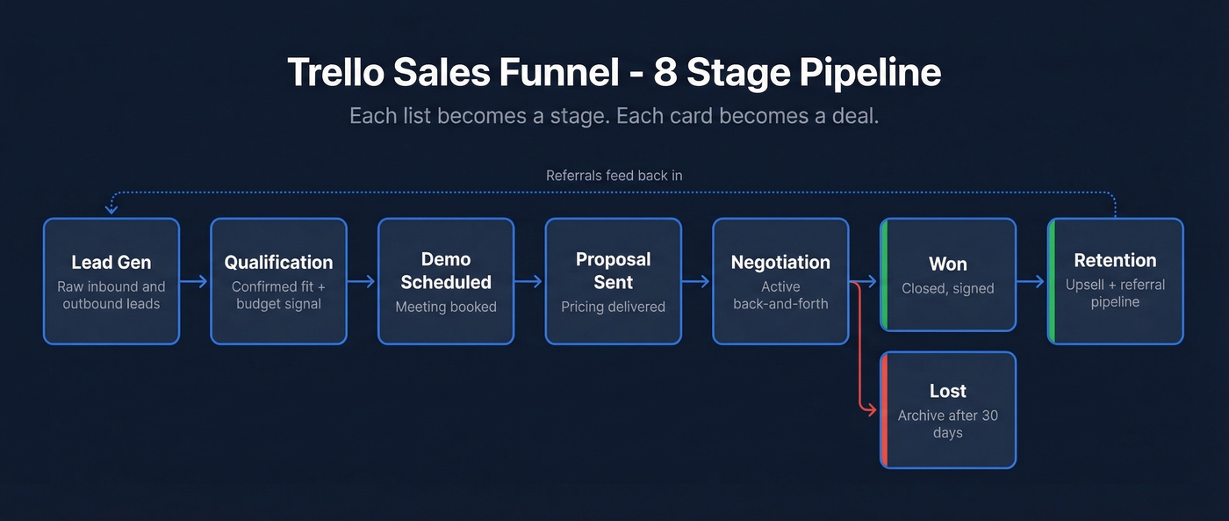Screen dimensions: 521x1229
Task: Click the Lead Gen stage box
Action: click(x=111, y=281)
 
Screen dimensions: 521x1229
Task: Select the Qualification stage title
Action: click(x=278, y=262)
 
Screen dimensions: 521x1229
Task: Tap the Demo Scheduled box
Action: click(x=446, y=281)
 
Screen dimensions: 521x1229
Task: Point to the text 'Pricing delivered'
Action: click(x=613, y=307)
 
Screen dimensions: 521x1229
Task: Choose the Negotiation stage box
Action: click(x=780, y=281)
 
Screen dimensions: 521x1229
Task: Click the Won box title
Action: click(x=948, y=264)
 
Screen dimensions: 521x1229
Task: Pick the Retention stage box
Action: click(x=1115, y=281)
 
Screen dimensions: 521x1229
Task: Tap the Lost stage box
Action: click(x=948, y=409)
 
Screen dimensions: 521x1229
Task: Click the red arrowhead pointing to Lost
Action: click(x=872, y=409)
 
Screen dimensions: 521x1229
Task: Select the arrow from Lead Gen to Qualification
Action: click(x=195, y=281)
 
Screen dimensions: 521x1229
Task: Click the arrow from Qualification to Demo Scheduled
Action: click(x=363, y=281)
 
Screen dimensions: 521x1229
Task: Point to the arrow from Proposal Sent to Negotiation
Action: click(x=697, y=281)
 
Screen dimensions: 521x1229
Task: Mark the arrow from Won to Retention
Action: click(x=1031, y=281)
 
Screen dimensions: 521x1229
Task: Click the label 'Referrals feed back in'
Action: click(x=614, y=175)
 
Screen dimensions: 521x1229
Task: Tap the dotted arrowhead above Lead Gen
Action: click(x=111, y=210)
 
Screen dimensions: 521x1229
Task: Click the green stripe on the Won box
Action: click(x=883, y=274)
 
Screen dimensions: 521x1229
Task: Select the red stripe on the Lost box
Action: click(x=883, y=409)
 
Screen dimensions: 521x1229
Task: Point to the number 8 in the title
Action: click(x=664, y=73)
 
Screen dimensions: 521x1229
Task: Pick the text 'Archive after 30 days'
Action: click(x=948, y=423)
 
